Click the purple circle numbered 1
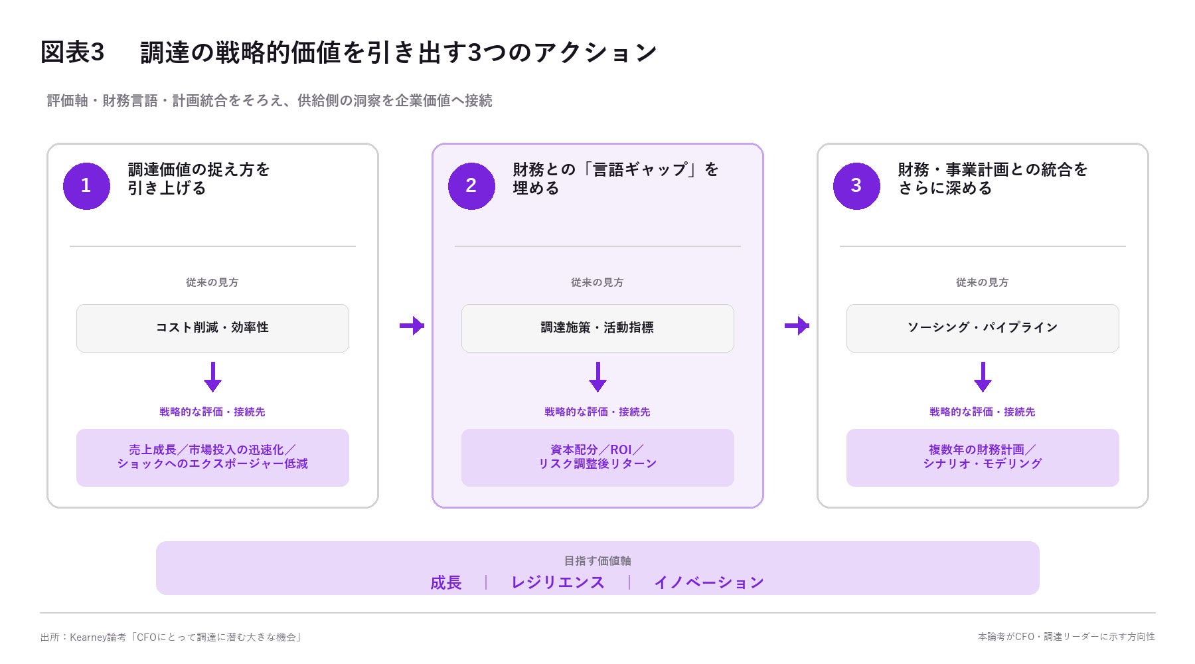[x=86, y=186]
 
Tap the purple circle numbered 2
[x=471, y=186]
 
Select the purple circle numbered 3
[x=856, y=186]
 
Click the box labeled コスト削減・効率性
[x=212, y=328]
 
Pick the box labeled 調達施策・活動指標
[x=597, y=328]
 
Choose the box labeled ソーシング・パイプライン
[x=983, y=328]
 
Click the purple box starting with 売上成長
[x=212, y=457]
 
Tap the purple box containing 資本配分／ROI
[x=597, y=457]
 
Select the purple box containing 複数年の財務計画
[x=983, y=457]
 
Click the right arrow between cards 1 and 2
[x=412, y=325]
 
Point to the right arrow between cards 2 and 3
[x=797, y=325]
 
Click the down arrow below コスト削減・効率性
[x=212, y=376]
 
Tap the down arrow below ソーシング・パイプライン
[x=983, y=376]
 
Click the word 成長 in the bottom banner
[x=446, y=582]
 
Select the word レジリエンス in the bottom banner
[x=558, y=582]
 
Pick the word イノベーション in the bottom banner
[x=709, y=582]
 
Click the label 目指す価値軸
[x=597, y=561]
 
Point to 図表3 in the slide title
[x=72, y=52]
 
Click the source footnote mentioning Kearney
[x=171, y=637]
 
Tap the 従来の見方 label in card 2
[x=597, y=282]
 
